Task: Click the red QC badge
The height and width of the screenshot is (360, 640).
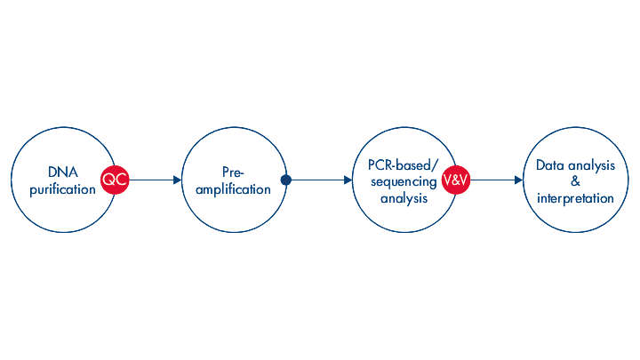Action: (x=115, y=180)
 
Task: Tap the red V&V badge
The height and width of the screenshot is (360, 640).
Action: (x=456, y=180)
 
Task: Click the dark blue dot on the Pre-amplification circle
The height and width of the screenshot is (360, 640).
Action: (x=285, y=180)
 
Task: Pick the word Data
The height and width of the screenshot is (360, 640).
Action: (x=552, y=165)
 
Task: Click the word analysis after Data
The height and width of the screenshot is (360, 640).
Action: (x=592, y=165)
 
